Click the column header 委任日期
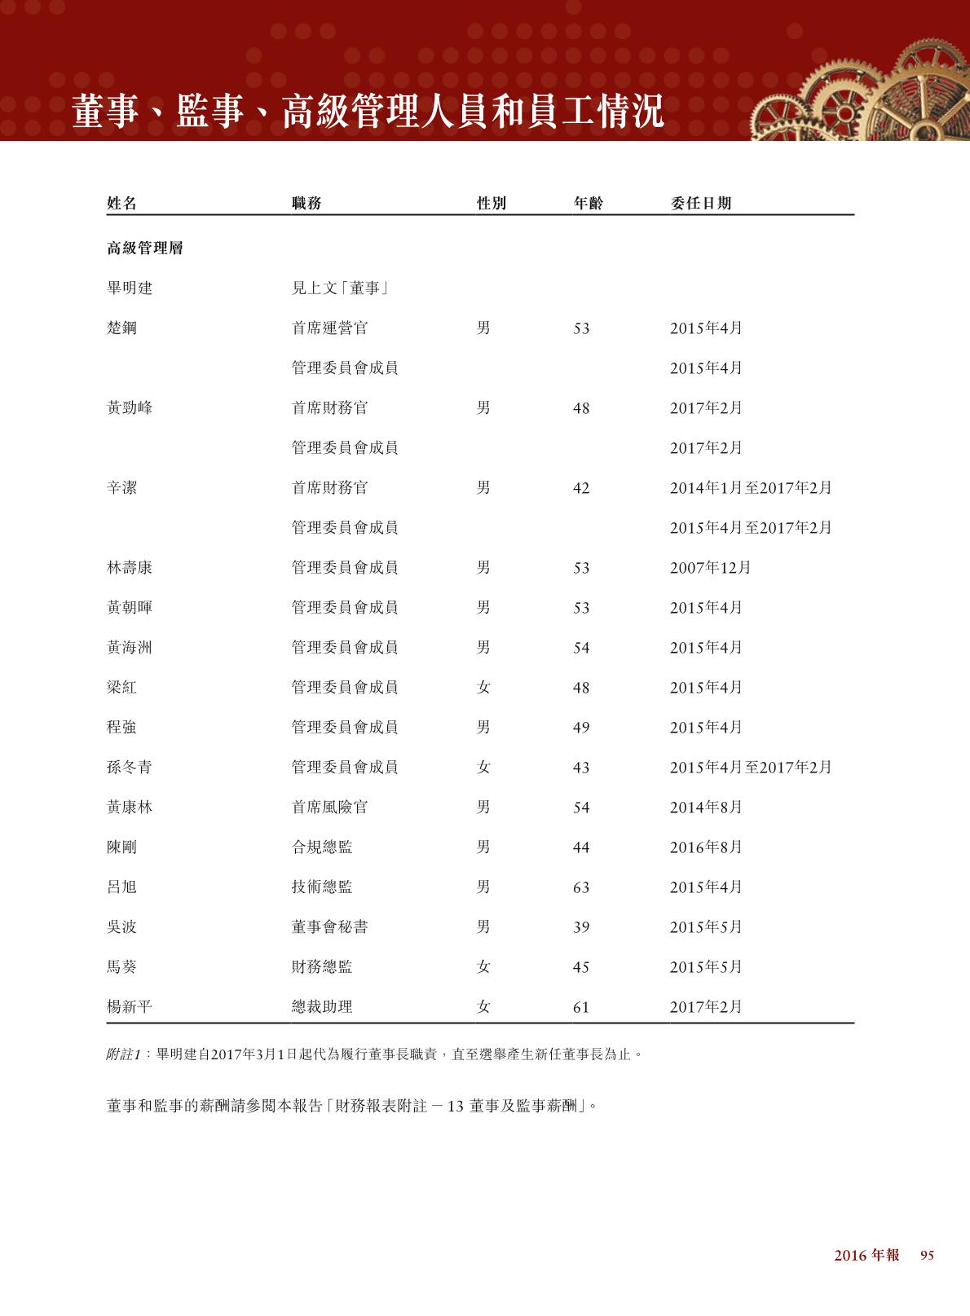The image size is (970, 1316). (700, 203)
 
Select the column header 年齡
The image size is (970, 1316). (588, 203)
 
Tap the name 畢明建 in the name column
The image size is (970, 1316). (130, 288)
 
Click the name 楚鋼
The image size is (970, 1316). (121, 328)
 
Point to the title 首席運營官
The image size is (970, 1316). (329, 328)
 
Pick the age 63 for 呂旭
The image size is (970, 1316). (580, 887)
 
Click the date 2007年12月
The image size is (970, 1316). (710, 568)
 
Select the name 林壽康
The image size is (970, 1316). (130, 568)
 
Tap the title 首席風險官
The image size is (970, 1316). (329, 808)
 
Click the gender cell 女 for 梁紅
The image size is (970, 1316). (483, 688)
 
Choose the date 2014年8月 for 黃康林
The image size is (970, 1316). (706, 808)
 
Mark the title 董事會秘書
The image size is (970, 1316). (329, 927)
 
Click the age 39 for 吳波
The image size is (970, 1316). (580, 927)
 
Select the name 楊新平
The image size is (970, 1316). (130, 1007)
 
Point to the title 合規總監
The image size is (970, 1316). (322, 847)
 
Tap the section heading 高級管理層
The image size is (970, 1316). (145, 249)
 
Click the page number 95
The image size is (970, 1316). (927, 1256)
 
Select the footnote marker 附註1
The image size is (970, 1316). (124, 1054)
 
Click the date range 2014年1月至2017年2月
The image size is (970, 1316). (751, 488)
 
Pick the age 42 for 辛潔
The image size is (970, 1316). (580, 488)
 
